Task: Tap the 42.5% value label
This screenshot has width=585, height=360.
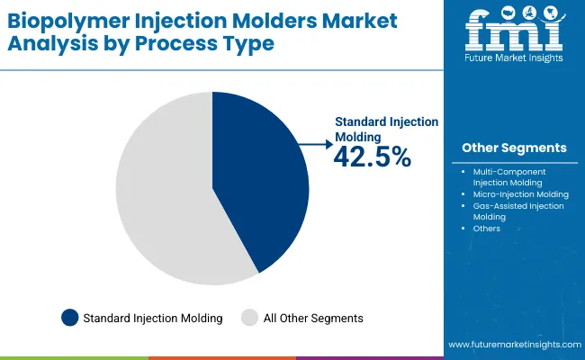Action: tap(372, 157)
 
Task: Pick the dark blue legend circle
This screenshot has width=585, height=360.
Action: tap(69, 317)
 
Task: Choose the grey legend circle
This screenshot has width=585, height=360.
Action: tap(250, 317)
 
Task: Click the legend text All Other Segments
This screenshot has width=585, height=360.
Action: tap(312, 318)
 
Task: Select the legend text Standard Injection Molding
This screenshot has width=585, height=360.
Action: tap(152, 318)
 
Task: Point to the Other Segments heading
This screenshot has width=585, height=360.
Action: tap(514, 148)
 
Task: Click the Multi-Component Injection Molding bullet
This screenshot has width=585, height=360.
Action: tap(509, 176)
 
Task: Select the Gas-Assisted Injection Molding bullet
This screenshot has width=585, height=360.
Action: tap(517, 211)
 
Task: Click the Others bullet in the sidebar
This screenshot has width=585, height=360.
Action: tap(486, 229)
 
